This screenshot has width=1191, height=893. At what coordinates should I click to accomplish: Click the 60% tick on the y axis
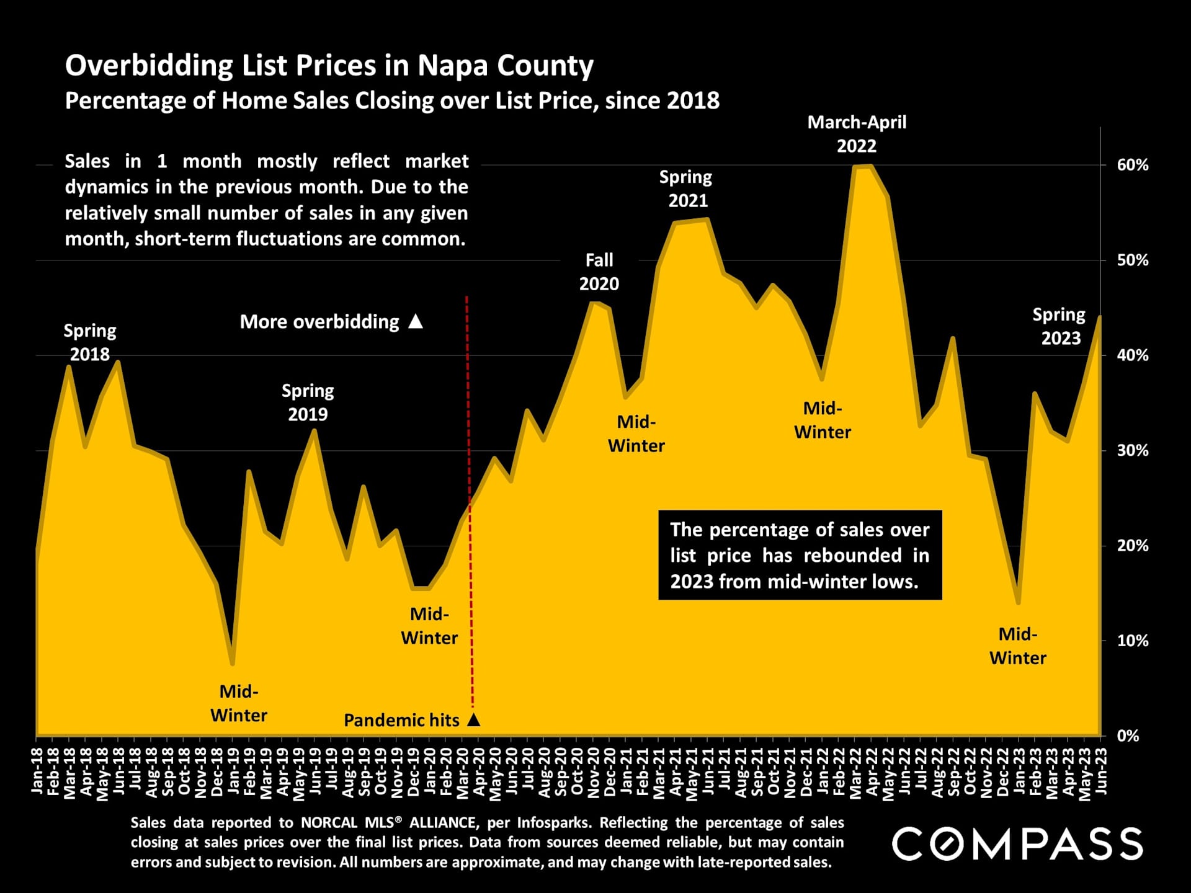click(x=1132, y=166)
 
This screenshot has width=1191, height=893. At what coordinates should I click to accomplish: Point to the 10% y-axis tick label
click(x=1132, y=641)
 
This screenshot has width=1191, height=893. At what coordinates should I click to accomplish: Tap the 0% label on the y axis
click(x=1128, y=736)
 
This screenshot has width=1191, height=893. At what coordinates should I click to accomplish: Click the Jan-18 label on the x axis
click(x=37, y=771)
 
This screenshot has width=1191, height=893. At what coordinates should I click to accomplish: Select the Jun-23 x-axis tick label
click(x=1102, y=771)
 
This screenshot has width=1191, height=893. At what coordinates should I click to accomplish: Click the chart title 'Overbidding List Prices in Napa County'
click(x=329, y=65)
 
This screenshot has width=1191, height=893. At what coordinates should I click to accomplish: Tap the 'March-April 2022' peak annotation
click(x=857, y=134)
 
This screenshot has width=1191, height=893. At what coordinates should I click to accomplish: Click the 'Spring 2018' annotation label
click(x=90, y=342)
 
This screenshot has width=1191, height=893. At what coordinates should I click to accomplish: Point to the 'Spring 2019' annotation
click(x=308, y=402)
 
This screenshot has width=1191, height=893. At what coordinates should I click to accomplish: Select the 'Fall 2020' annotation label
click(x=599, y=272)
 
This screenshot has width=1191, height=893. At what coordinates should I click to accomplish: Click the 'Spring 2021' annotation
click(x=686, y=189)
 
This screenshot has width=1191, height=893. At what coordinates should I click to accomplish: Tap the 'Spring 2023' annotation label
click(x=1059, y=326)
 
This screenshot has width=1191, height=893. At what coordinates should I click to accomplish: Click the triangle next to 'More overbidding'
click(x=416, y=321)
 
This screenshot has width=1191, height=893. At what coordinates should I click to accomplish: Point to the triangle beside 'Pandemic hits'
click(x=473, y=720)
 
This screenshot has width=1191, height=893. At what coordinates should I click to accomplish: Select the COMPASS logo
click(x=1017, y=844)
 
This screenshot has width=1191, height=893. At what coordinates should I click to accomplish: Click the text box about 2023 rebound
click(x=800, y=555)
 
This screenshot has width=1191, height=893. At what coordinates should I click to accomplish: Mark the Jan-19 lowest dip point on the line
click(x=233, y=664)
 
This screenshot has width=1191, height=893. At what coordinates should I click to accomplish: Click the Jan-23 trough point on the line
click(x=1018, y=602)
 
